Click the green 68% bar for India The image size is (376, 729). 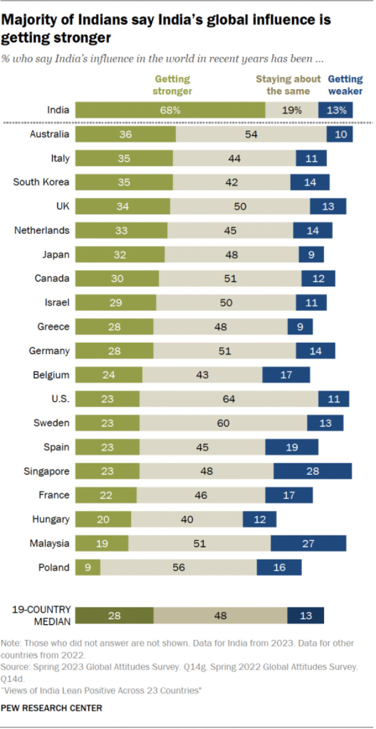[x=170, y=110]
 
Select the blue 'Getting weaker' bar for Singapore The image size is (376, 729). [x=312, y=471]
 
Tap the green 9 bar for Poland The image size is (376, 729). [x=88, y=567]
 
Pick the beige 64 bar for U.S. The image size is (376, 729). [x=229, y=399]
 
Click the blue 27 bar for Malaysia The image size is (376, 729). [x=308, y=543]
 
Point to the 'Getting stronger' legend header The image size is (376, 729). [x=173, y=85]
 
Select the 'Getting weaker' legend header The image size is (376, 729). [x=345, y=85]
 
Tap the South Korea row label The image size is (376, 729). [x=41, y=182]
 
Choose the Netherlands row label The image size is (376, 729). [x=41, y=231]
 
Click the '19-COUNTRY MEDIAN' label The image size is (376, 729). [x=41, y=615]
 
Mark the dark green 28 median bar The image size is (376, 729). [x=114, y=616]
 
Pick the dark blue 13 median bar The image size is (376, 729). [x=305, y=616]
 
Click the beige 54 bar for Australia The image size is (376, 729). [x=251, y=134]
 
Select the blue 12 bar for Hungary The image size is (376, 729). [x=259, y=519]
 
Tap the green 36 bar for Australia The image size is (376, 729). [x=125, y=134]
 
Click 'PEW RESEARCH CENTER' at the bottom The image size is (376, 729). [x=51, y=708]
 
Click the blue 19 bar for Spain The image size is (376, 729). [x=291, y=447]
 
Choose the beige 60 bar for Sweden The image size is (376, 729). [x=223, y=423]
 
